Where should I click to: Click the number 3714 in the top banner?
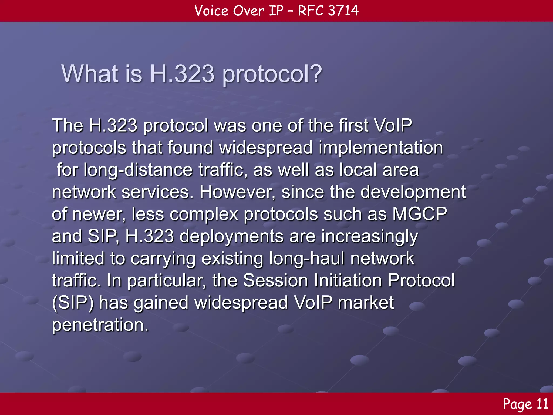point(343,11)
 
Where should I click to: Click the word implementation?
point(381,148)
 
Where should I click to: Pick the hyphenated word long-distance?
point(138,170)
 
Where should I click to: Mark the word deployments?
point(231,236)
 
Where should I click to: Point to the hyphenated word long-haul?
point(307,259)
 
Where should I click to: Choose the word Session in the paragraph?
point(275,280)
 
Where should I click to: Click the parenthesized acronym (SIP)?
point(73,303)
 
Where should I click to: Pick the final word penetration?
point(100,325)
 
